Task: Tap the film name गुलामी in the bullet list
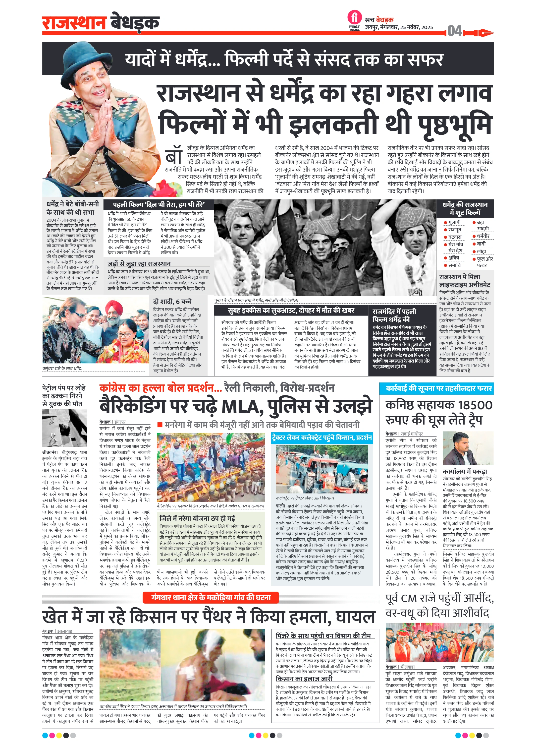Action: [x=455, y=222]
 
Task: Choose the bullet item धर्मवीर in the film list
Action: [x=483, y=236]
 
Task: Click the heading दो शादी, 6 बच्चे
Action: [x=172, y=301]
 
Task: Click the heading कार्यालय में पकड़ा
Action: [x=465, y=471]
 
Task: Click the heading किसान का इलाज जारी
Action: [x=304, y=679]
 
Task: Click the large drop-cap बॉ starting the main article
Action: [x=174, y=157]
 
